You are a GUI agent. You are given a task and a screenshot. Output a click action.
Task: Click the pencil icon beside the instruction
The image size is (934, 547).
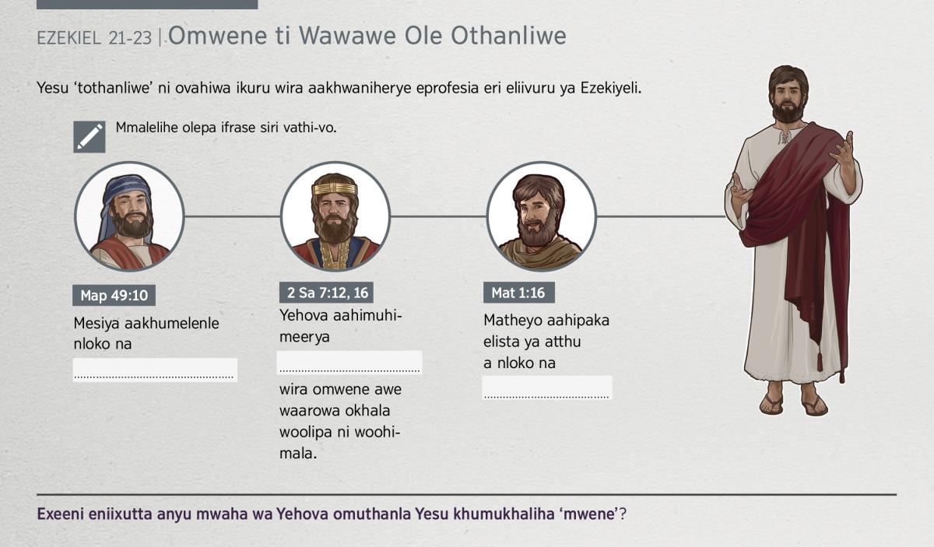pyautogui.click(x=90, y=137)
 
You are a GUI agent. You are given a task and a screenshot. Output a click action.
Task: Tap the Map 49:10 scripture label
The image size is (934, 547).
pyautogui.click(x=114, y=295)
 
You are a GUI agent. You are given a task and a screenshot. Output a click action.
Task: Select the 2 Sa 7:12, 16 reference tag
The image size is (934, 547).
pyautogui.click(x=326, y=293)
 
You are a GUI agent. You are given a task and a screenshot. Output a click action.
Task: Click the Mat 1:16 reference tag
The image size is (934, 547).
pyautogui.click(x=519, y=293)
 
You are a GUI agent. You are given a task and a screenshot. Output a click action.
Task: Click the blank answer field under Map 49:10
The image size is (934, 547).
pyautogui.click(x=155, y=370)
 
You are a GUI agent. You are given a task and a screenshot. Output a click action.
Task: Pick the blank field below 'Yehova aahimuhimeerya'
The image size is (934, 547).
pyautogui.click(x=349, y=363)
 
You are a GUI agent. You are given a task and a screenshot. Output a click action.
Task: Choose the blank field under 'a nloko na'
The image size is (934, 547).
pyautogui.click(x=547, y=387)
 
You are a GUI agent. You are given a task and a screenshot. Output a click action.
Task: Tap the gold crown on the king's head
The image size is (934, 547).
pyautogui.click(x=335, y=189)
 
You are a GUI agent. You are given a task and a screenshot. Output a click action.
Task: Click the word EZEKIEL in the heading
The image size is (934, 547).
pyautogui.click(x=68, y=38)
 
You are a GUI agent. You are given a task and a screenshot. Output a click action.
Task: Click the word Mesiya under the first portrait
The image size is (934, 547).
pyautogui.click(x=97, y=323)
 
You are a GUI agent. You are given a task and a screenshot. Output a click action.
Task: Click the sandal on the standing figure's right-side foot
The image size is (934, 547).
pyautogui.click(x=815, y=405)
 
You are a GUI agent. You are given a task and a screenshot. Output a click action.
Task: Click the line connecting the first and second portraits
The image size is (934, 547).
pyautogui.click(x=233, y=216)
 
